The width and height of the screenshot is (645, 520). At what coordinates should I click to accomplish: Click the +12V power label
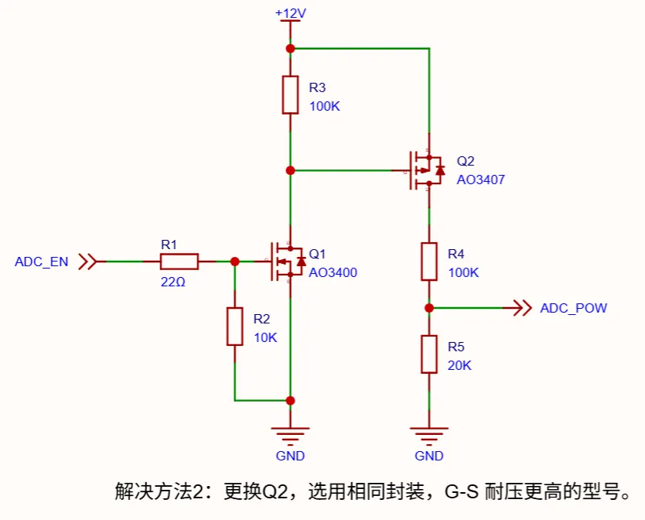(x=290, y=13)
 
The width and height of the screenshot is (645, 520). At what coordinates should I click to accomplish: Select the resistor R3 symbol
(x=290, y=94)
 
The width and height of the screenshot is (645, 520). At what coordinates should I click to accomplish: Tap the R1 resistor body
(x=179, y=262)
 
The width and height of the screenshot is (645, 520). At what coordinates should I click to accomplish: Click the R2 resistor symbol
(x=234, y=326)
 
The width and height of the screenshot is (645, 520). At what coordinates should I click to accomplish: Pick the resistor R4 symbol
(x=430, y=262)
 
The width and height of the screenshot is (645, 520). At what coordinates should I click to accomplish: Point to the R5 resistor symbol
(x=430, y=354)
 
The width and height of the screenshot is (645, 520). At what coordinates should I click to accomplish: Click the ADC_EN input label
(x=42, y=262)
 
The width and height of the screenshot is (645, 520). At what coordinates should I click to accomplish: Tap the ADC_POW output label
(x=573, y=308)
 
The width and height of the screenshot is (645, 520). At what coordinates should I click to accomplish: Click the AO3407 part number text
(x=480, y=180)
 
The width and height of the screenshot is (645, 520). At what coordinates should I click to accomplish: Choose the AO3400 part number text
(x=333, y=272)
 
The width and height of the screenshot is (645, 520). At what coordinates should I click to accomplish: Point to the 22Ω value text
(x=173, y=282)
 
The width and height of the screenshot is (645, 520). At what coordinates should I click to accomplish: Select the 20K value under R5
(x=459, y=365)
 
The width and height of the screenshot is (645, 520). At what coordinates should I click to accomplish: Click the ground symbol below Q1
(x=290, y=433)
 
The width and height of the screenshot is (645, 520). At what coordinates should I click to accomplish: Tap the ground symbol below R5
(x=430, y=433)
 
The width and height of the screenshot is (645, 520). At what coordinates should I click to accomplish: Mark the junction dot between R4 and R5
(x=430, y=308)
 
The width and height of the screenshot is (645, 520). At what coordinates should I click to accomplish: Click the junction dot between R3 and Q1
(x=290, y=170)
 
